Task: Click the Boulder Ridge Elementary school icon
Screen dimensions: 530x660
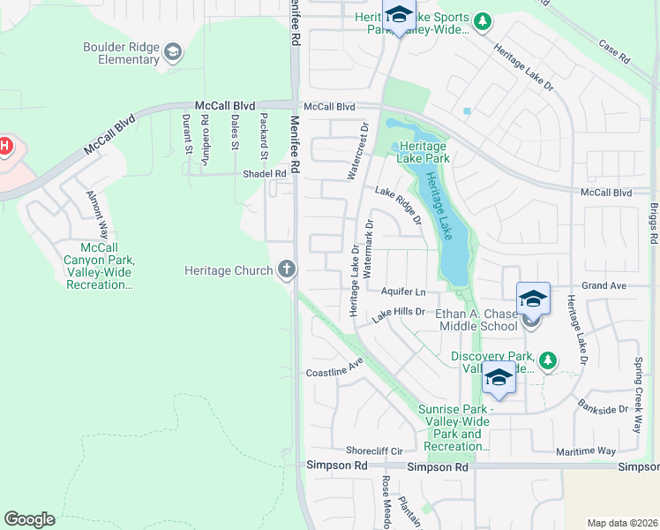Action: click(x=173, y=54)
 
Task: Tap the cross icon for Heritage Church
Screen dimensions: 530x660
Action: click(x=286, y=269)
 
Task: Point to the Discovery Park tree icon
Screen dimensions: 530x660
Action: click(x=548, y=360)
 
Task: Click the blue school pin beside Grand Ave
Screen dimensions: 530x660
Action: click(x=533, y=299)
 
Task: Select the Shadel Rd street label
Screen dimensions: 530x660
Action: click(x=266, y=174)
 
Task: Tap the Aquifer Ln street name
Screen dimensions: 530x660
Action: click(x=403, y=291)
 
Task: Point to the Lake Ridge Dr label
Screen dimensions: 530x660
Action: click(x=398, y=204)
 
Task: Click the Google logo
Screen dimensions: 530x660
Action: click(x=29, y=519)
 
